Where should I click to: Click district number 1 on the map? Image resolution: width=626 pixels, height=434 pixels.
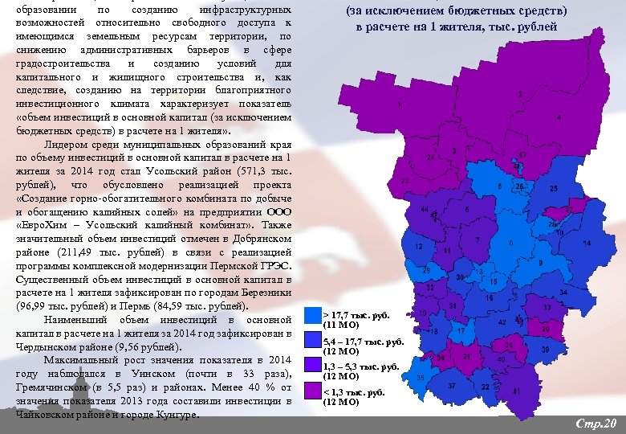pyautogui.click(x=399, y=105)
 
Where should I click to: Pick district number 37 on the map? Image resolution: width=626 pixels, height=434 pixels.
pyautogui.click(x=452, y=387)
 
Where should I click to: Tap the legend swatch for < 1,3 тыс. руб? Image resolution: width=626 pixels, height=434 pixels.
pyautogui.click(x=312, y=391)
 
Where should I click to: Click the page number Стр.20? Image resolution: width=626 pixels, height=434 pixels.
pyautogui.click(x=595, y=423)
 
